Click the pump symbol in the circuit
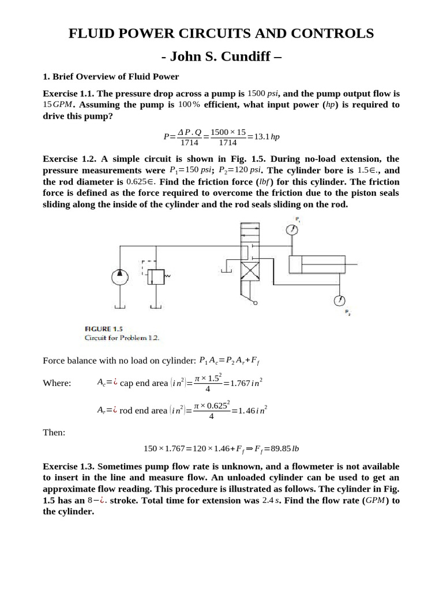tap(120, 277)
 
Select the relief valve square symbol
tap(155, 277)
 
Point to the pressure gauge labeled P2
tap(340, 301)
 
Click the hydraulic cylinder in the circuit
tap(317, 264)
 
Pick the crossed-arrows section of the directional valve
tap(249, 270)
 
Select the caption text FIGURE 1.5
tap(104, 329)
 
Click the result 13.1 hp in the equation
tap(266, 137)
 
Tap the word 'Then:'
tap(54, 432)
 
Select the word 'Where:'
tap(57, 383)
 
